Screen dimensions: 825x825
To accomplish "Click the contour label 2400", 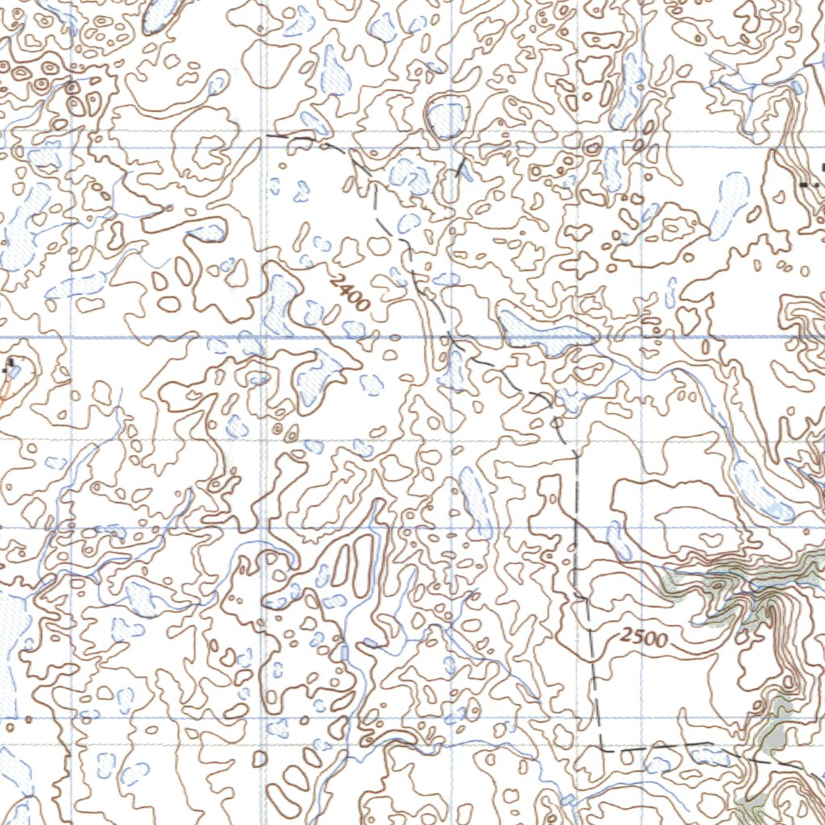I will click(x=350, y=292).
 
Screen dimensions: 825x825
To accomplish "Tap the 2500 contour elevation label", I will click(x=645, y=638).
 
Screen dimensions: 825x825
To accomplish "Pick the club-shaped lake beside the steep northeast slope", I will click(x=731, y=201).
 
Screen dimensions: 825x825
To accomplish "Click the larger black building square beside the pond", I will click(x=11, y=363).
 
